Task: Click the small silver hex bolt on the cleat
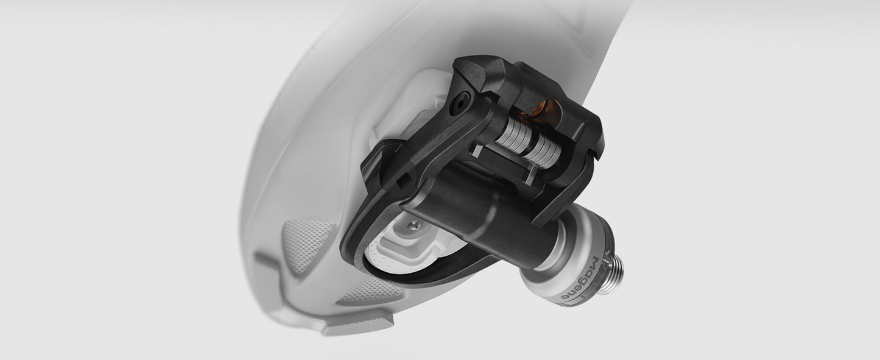tap(413, 225)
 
